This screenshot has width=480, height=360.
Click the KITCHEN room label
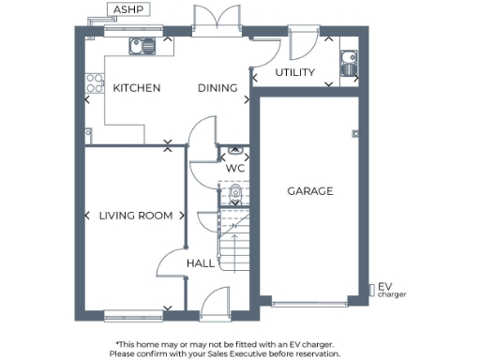(x=137, y=88)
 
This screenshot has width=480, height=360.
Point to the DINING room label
(x=216, y=88)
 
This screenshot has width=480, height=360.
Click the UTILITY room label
(x=294, y=73)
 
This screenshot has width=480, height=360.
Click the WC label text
(x=235, y=169)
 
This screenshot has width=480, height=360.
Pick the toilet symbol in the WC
(x=235, y=195)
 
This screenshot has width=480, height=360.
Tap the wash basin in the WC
(x=235, y=149)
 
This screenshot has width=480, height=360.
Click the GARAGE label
(x=309, y=191)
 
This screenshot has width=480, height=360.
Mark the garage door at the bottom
(x=309, y=303)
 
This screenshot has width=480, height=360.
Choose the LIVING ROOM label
(x=136, y=216)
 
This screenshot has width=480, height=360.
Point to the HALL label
(x=200, y=263)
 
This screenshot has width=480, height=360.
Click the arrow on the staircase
(x=232, y=224)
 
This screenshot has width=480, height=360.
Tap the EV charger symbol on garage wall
(x=369, y=288)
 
